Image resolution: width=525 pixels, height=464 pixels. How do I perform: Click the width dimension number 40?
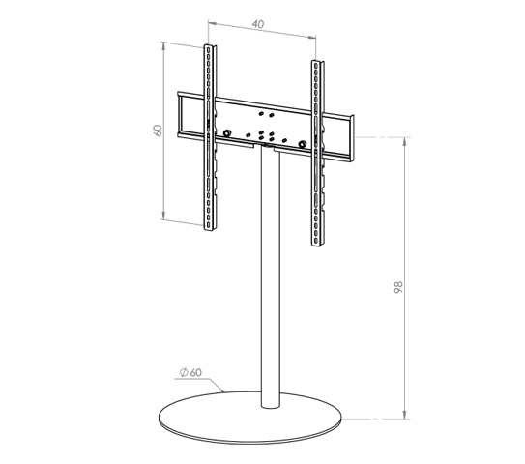(258, 24)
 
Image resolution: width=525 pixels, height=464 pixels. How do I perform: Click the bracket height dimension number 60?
(158, 130)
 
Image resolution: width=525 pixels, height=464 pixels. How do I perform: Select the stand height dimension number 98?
(398, 287)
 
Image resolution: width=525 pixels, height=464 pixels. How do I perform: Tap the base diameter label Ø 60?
(190, 372)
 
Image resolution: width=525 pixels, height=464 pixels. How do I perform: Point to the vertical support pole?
(271, 277)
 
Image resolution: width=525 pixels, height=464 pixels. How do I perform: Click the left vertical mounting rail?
(210, 137)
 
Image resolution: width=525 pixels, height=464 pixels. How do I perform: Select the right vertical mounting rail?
(317, 153)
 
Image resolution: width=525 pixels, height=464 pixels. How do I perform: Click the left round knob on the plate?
(227, 132)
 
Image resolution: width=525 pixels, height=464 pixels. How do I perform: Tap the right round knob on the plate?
(303, 144)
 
